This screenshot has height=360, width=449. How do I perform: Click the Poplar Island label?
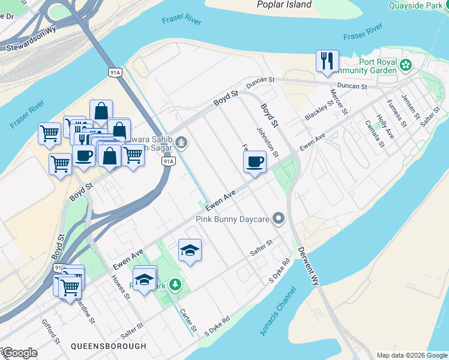click(x=284, y=5)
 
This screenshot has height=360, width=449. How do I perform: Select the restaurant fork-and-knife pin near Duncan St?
click(x=327, y=62)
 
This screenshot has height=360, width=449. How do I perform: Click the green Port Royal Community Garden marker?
click(x=406, y=64)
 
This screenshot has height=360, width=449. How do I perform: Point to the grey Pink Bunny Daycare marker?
click(x=278, y=219)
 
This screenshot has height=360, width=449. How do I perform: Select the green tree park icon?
click(x=175, y=284)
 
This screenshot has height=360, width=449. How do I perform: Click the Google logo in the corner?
click(x=20, y=353)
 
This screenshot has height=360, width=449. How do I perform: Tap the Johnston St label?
click(x=267, y=142)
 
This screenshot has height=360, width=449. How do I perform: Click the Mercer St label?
click(x=339, y=101)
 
